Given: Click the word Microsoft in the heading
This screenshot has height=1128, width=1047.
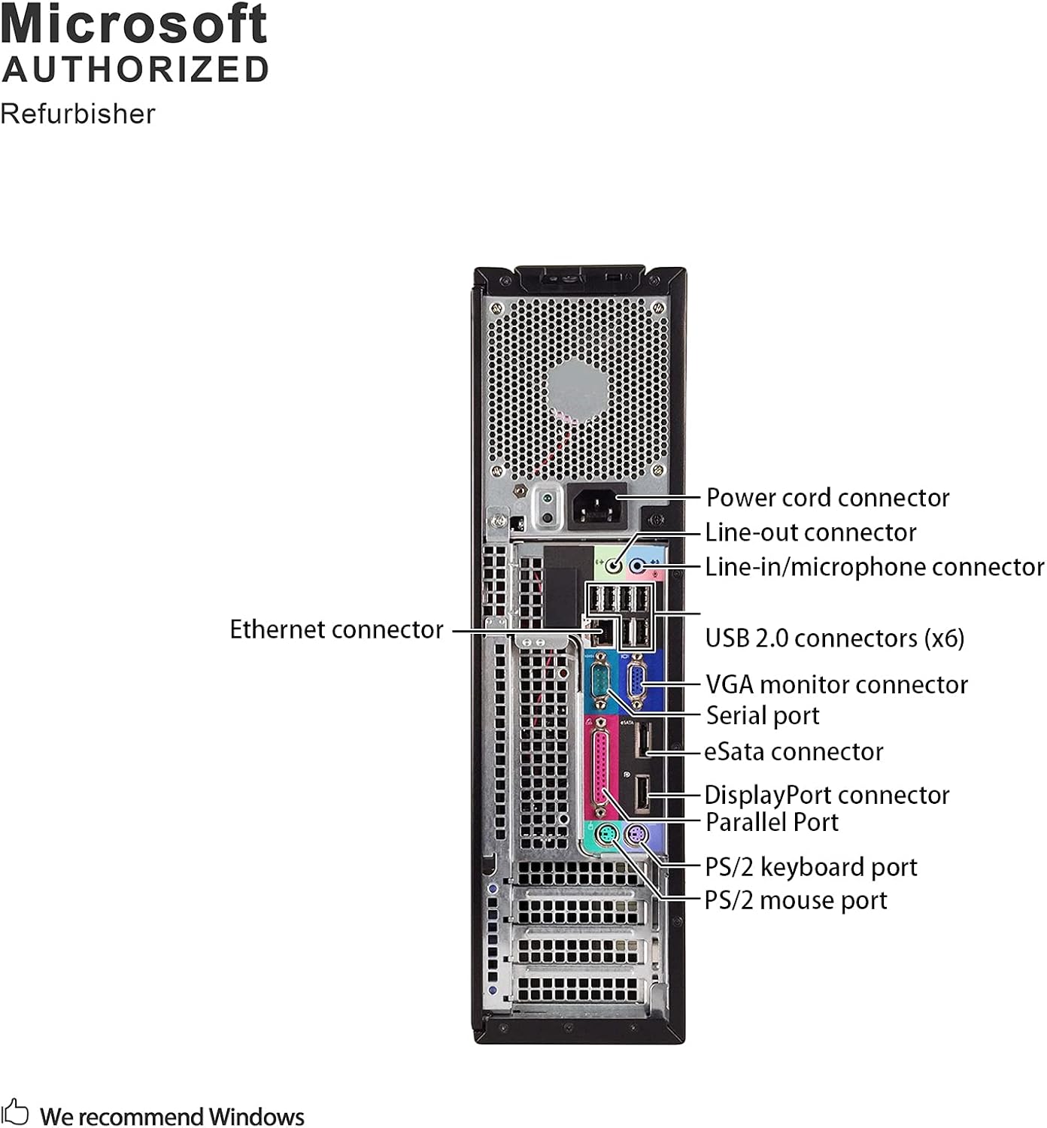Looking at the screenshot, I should (134, 24).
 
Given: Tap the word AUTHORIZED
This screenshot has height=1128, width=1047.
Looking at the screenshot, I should (135, 70).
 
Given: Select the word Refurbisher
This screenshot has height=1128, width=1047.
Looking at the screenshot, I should (77, 114).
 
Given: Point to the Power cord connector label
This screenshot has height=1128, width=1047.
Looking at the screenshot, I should (827, 498).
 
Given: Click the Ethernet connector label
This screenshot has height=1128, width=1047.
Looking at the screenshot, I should (336, 629).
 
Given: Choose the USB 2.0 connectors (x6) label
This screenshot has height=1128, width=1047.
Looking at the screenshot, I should (834, 638).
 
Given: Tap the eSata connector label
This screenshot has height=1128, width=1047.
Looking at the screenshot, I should (794, 751).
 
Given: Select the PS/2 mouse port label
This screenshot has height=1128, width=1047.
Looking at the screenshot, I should (796, 900).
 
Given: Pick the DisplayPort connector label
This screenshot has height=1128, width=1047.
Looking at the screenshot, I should (827, 795).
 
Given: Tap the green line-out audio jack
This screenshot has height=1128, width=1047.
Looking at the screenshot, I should (615, 564).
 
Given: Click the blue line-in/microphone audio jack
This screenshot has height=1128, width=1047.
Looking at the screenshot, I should (639, 565).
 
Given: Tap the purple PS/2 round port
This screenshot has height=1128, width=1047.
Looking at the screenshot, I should (636, 834).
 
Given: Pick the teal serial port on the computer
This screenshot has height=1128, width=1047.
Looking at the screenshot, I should (600, 681).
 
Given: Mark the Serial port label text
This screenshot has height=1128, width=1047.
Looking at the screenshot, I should (763, 716).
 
